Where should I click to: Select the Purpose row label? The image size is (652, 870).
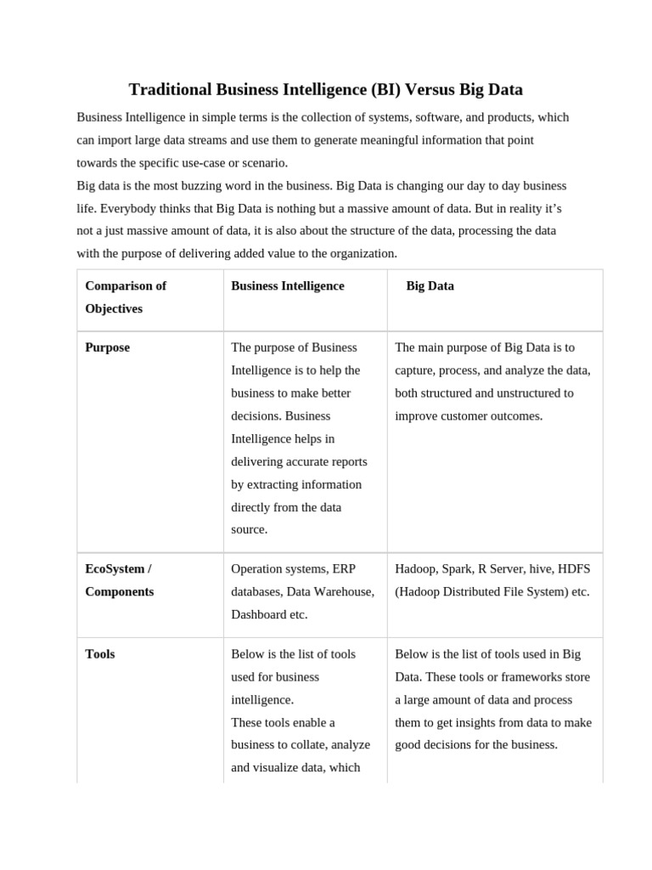point(108,347)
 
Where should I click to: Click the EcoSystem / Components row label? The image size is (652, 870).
point(120,579)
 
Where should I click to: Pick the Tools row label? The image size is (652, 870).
point(100,654)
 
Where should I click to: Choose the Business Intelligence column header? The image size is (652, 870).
point(288,286)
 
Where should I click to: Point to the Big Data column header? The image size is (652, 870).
point(430,286)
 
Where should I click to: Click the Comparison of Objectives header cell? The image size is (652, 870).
point(126,297)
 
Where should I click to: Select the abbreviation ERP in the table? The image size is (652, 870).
point(344,568)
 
